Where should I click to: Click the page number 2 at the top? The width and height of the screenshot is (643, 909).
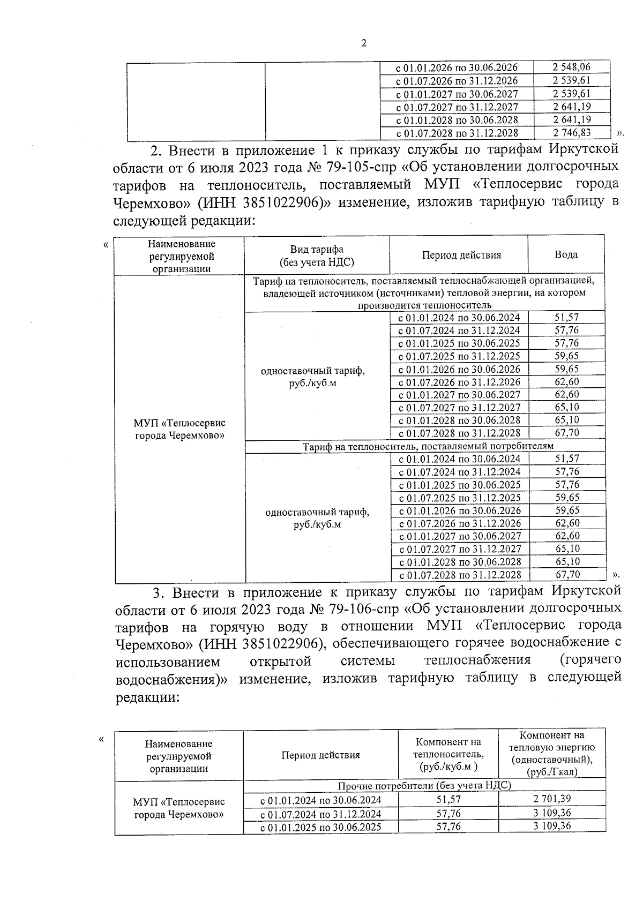[x=364, y=43]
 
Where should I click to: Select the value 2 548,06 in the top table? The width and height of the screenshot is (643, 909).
[x=571, y=67]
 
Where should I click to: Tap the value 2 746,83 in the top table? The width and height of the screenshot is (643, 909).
[x=571, y=133]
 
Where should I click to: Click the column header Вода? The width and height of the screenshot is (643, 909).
[x=566, y=255]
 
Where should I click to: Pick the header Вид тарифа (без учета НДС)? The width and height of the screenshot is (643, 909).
[x=317, y=256]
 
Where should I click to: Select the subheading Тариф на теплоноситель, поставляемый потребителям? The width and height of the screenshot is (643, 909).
[x=428, y=446]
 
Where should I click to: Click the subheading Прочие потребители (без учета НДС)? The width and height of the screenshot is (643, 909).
[x=424, y=785]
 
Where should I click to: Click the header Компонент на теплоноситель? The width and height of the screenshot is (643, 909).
[x=448, y=754]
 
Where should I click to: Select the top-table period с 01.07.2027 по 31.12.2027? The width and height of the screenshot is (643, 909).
[x=457, y=107]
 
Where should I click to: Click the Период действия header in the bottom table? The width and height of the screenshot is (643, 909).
[x=320, y=755]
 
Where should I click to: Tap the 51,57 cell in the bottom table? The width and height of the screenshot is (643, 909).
[x=448, y=799]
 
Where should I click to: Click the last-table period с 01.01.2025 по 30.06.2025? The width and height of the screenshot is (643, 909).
[x=320, y=827]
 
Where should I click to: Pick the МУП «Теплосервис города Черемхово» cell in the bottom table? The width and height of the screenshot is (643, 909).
[x=178, y=808]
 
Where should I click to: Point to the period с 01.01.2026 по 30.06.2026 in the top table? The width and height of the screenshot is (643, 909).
[x=457, y=68]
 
